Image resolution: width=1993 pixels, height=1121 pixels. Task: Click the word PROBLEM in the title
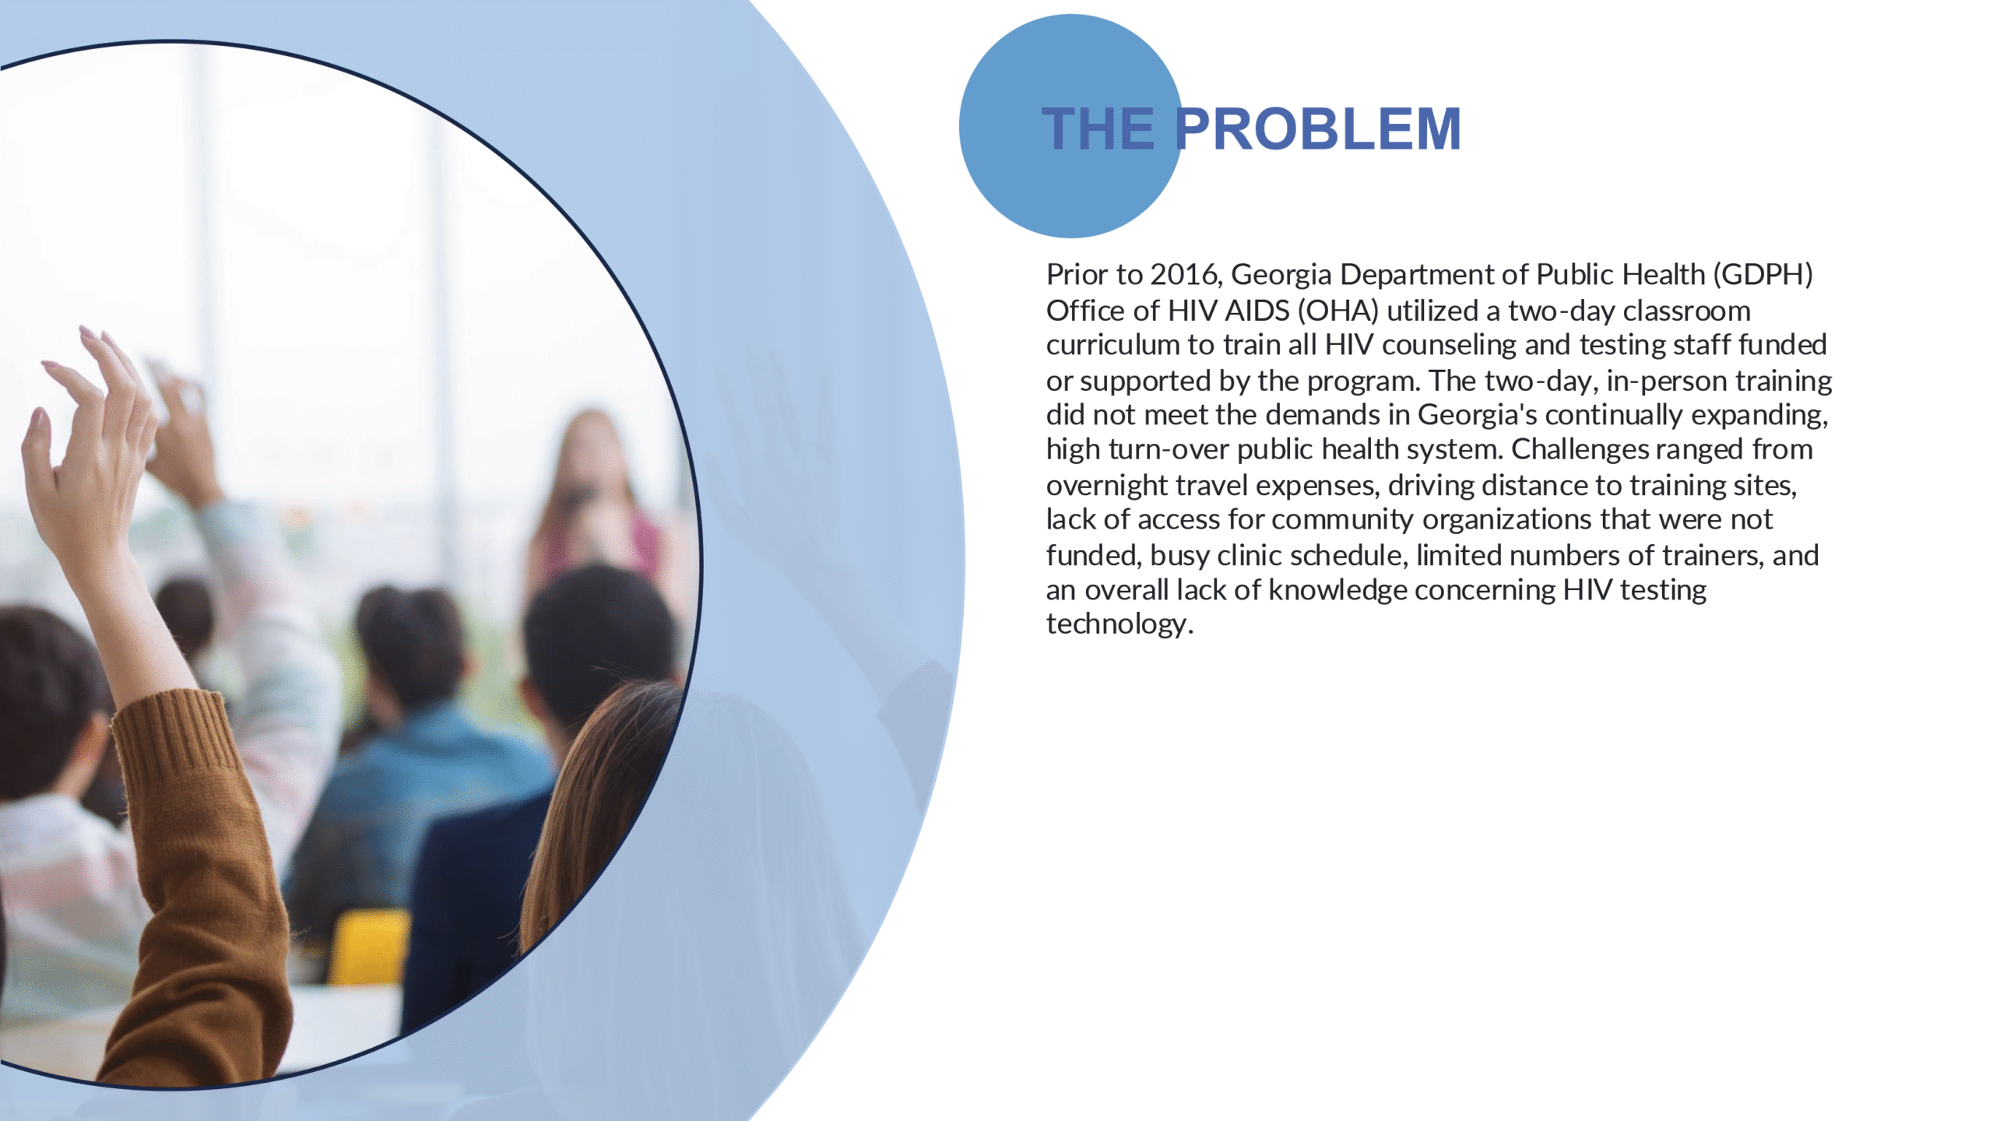pos(1317,128)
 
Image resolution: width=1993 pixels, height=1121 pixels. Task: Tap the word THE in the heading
pos(1098,128)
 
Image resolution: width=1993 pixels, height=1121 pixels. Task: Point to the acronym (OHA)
pos(1337,311)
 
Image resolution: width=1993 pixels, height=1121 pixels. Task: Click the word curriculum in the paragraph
pos(1112,345)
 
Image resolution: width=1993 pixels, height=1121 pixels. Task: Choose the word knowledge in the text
pos(1337,591)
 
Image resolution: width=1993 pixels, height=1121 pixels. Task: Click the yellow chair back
pos(369,947)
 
